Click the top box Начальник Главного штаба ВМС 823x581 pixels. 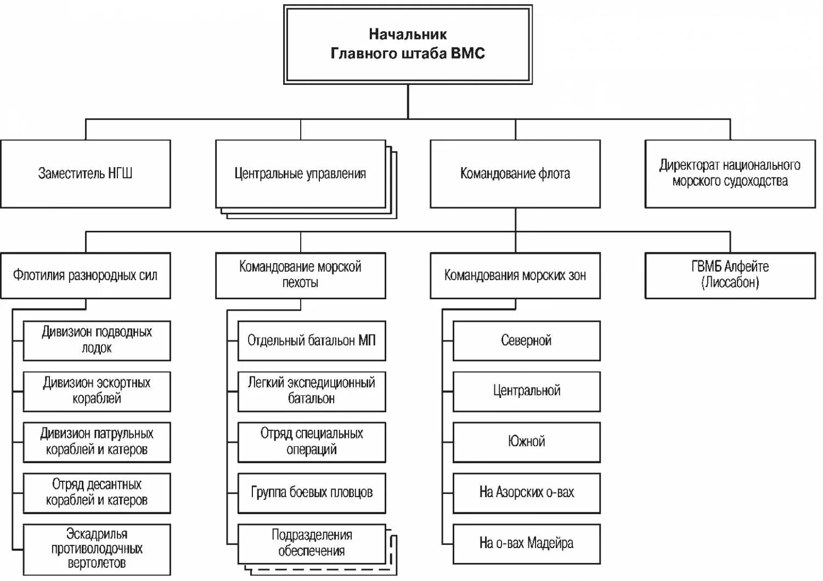408,44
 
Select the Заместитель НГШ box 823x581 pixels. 86,174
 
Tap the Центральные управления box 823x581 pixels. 300,174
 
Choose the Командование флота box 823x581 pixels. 515,174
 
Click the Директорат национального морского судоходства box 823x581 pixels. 730,174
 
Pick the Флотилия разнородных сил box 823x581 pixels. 86,275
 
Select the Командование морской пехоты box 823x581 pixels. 300,275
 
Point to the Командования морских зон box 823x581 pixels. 515,275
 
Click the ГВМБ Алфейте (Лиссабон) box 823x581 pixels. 730,275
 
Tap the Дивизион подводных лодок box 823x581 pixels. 97,340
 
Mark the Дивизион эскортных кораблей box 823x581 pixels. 97,391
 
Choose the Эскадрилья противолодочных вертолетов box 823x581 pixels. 97,549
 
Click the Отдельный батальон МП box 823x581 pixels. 311,340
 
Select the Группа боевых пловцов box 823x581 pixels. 311,492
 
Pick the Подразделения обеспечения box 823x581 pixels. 311,543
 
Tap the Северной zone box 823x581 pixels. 526,340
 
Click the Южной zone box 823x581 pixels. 526,441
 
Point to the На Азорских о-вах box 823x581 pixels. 526,492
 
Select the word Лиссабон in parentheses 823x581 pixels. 730,283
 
